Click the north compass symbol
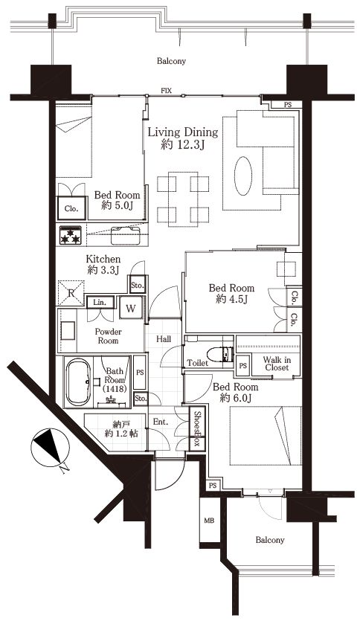click(x=50, y=448)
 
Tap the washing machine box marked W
click(x=130, y=309)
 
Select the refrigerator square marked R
click(x=71, y=293)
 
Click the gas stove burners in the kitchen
click(x=71, y=235)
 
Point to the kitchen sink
click(x=126, y=236)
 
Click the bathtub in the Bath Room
click(x=77, y=382)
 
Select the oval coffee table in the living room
click(x=242, y=176)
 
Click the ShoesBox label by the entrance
click(x=197, y=429)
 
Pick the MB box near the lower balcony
click(x=209, y=521)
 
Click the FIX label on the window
click(x=166, y=91)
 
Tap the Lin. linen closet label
click(x=100, y=303)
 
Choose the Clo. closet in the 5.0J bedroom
click(x=71, y=208)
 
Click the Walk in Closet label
click(x=277, y=364)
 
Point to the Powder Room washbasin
click(x=68, y=330)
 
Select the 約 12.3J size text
click(x=183, y=145)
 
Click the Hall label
click(x=164, y=339)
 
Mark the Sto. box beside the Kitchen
click(x=138, y=284)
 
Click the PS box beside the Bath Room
click(x=140, y=373)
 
